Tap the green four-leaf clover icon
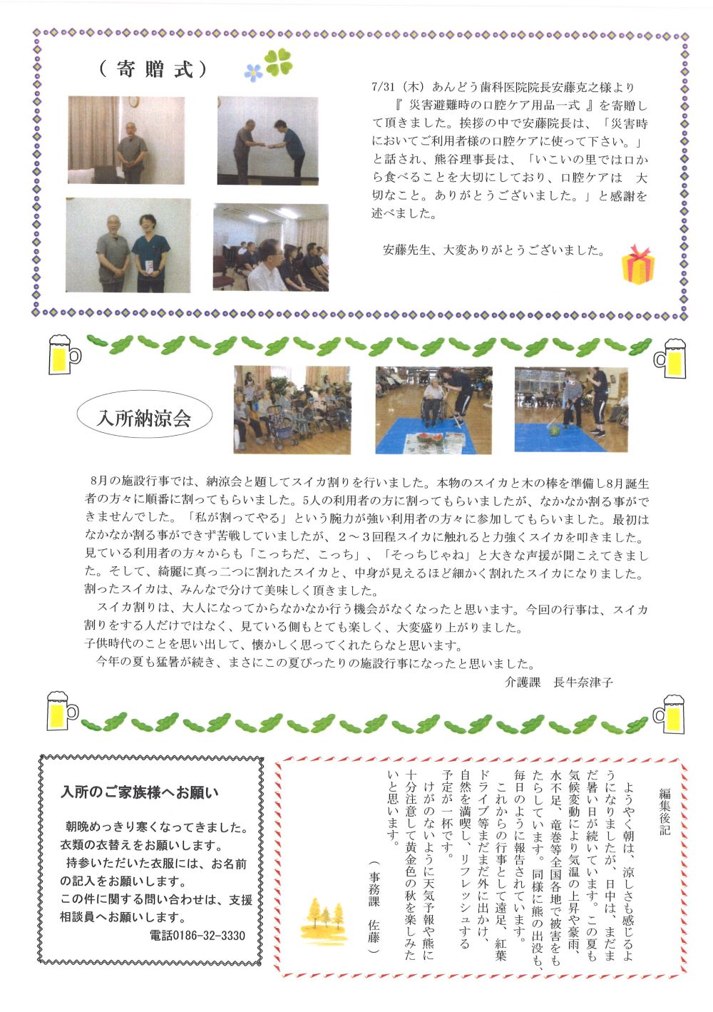click(x=279, y=63)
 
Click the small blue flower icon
click(x=253, y=72)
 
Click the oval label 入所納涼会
click(x=145, y=417)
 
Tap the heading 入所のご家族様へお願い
click(x=140, y=792)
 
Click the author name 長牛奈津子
click(x=583, y=682)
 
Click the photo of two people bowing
click(x=267, y=140)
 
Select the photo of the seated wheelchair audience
click(x=292, y=410)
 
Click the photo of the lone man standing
click(x=126, y=140)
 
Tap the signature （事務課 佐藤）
click(x=374, y=913)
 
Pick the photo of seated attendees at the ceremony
click(x=271, y=247)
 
